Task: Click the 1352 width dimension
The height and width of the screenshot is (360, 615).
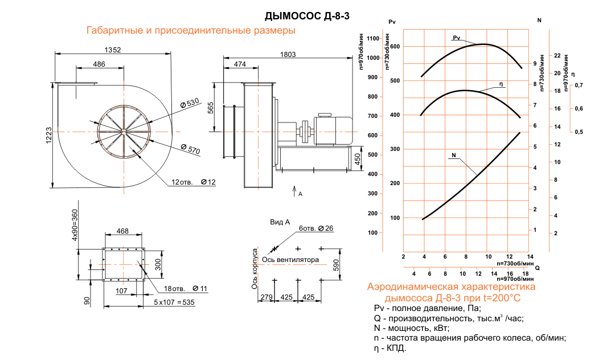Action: pyautogui.click(x=113, y=50)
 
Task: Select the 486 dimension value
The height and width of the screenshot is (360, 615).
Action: pyautogui.click(x=99, y=64)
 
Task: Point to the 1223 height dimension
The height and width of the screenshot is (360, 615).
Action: pyautogui.click(x=49, y=136)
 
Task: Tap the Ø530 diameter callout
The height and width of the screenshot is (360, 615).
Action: pyautogui.click(x=189, y=103)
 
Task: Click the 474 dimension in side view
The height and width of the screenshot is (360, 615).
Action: pyautogui.click(x=240, y=65)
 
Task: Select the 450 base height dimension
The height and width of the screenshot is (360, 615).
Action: pyautogui.click(x=358, y=158)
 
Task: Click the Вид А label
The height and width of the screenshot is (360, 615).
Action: pyautogui.click(x=280, y=222)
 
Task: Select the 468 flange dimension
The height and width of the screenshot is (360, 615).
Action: pyautogui.click(x=122, y=231)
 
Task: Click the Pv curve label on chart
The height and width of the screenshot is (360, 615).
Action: pyautogui.click(x=456, y=38)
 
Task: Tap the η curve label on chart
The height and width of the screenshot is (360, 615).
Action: pyautogui.click(x=501, y=84)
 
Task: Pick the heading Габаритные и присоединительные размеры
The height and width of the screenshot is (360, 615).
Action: pyautogui.click(x=190, y=31)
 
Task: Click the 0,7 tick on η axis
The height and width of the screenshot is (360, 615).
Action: pyautogui.click(x=579, y=85)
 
